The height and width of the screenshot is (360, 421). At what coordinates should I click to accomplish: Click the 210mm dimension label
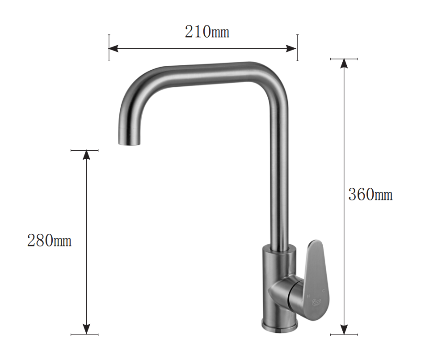[x=206, y=32]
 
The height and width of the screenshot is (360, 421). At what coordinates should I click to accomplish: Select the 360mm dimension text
[x=370, y=195]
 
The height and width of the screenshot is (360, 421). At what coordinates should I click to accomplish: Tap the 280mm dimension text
[x=49, y=241]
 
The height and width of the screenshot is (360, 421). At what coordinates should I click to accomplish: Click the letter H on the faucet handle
[x=308, y=296]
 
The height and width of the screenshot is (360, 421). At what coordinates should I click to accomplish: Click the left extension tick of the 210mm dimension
[x=109, y=47]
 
